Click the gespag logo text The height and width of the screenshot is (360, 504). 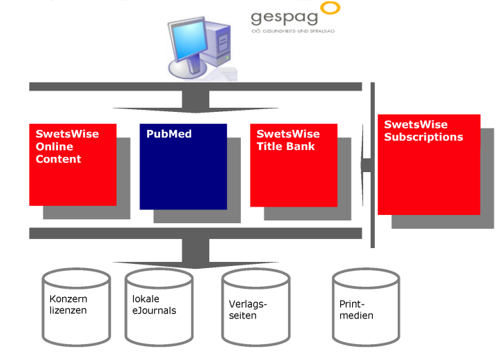284,17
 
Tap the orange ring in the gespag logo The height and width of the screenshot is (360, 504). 331,8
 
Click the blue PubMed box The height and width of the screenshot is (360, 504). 183,173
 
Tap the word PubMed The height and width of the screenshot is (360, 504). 168,134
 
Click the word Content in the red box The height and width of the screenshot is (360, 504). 59,159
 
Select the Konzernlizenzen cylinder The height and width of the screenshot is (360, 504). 76,307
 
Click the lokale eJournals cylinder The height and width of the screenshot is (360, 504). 159,307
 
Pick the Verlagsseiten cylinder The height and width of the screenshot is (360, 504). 255,307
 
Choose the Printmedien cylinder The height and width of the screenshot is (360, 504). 366,307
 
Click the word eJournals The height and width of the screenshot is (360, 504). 154,310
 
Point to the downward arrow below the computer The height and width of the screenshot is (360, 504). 195,102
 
